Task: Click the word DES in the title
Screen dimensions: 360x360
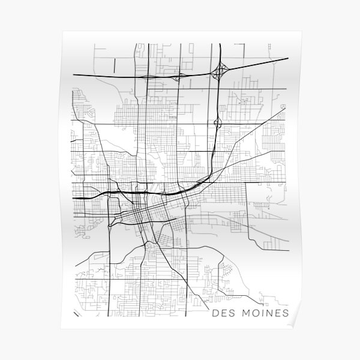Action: (224, 313)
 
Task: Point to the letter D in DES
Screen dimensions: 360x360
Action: (216, 313)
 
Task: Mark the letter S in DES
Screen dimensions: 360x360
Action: (232, 313)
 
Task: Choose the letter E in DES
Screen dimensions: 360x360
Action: (224, 313)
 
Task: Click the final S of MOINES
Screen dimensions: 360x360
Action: (285, 313)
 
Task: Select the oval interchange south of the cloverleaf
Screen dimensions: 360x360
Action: (217, 124)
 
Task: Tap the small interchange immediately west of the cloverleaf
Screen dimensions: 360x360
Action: (178, 76)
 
